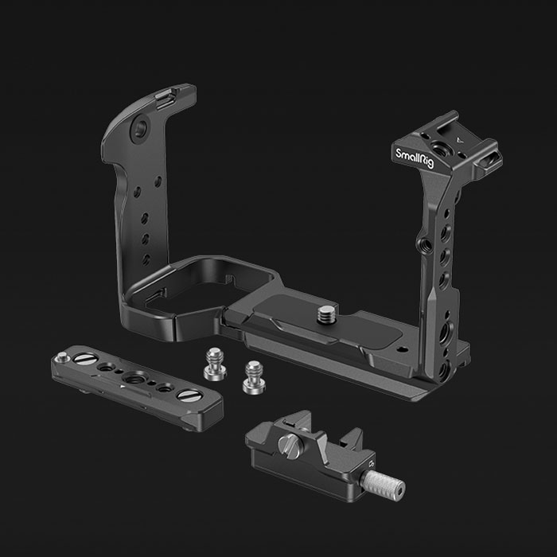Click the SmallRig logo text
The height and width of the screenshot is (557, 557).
click(415, 158)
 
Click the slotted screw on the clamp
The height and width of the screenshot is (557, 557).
click(288, 444)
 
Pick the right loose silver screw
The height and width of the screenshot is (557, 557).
click(253, 376)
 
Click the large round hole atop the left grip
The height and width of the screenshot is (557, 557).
click(139, 128)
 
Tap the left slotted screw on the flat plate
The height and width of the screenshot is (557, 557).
click(86, 358)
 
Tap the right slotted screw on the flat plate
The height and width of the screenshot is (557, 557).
click(189, 395)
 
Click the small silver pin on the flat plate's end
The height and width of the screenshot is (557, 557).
click(63, 356)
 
